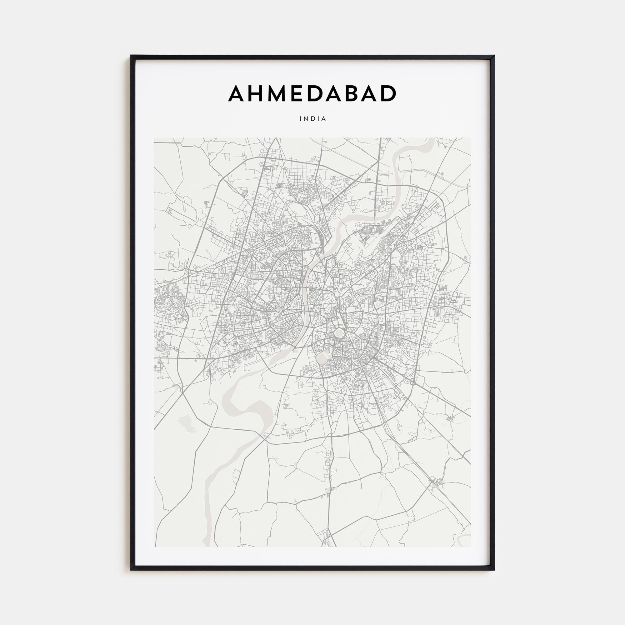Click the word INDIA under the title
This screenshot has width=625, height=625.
click(312, 119)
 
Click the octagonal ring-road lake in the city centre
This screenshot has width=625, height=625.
click(338, 332)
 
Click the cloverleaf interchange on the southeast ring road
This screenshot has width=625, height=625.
click(413, 382)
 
